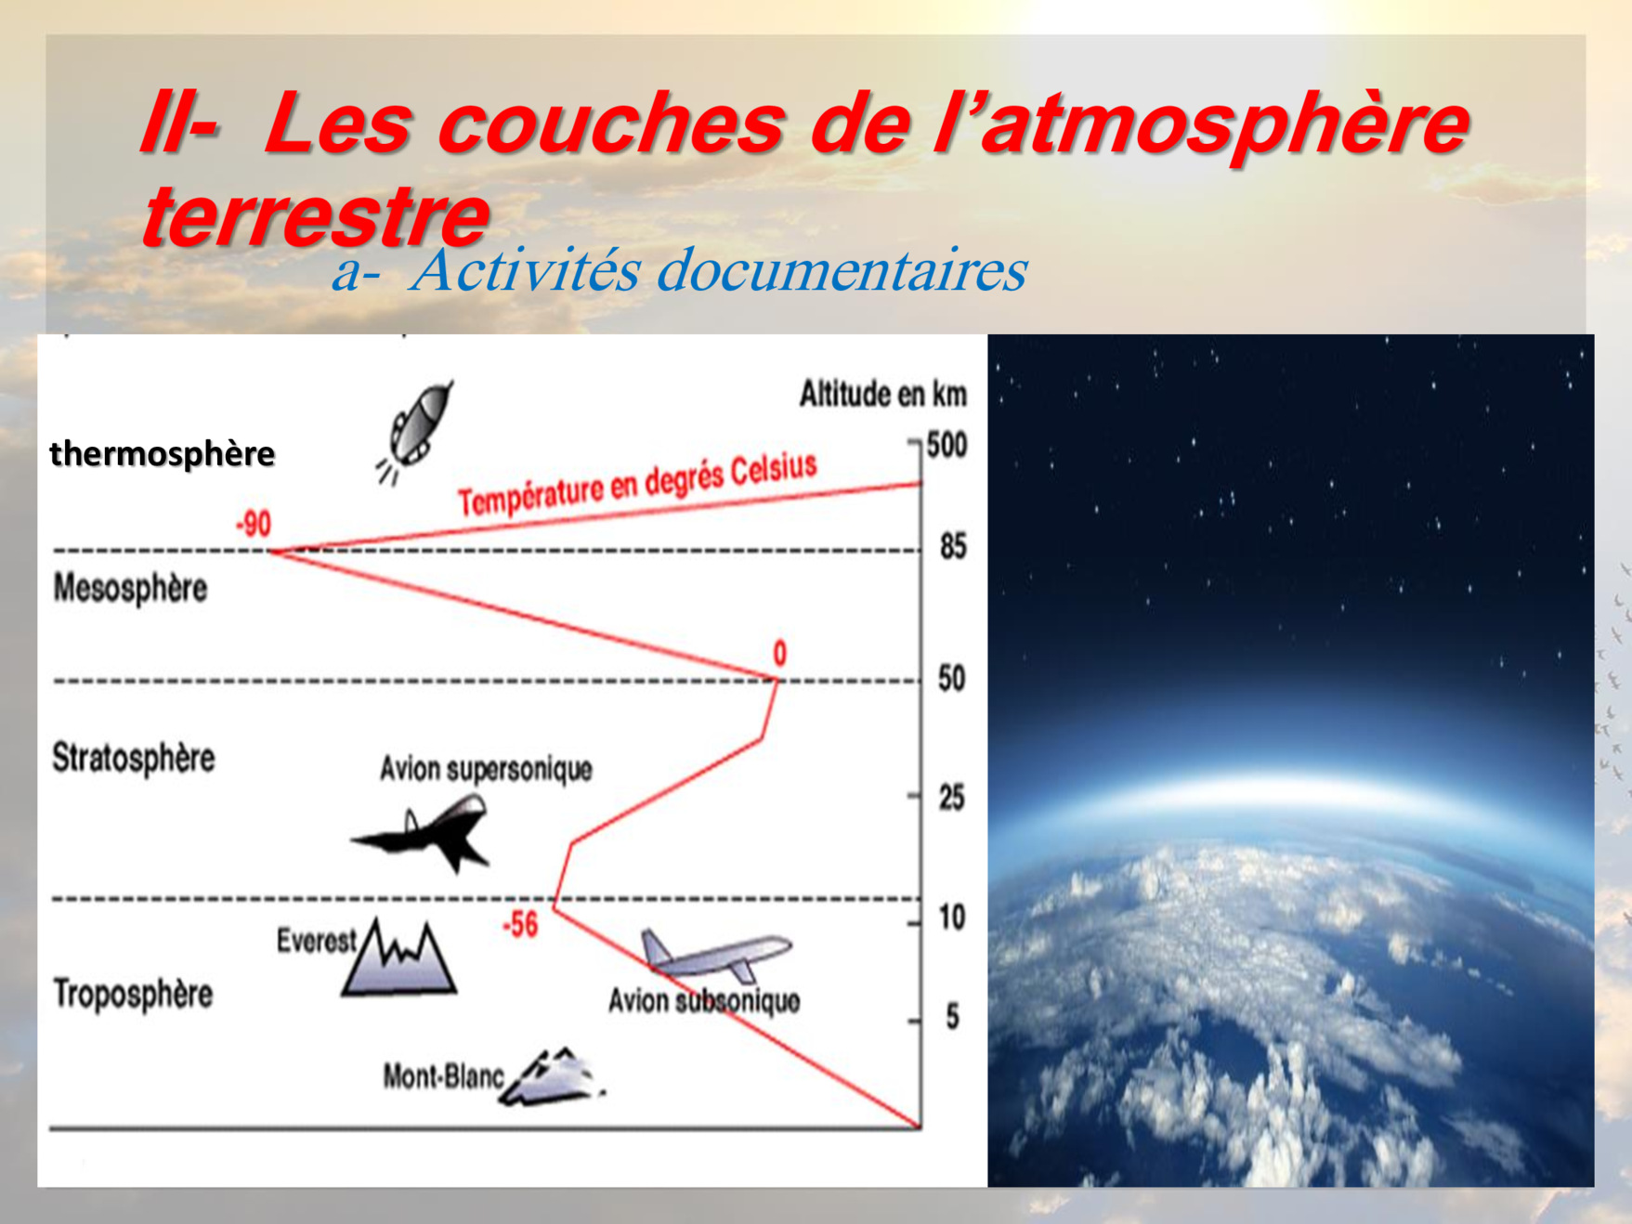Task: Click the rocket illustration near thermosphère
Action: point(415,432)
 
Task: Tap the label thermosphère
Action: point(163,455)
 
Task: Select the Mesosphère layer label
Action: point(130,589)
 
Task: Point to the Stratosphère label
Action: point(134,758)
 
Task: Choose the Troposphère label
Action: point(133,993)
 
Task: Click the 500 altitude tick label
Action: point(947,445)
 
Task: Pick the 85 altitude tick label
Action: point(953,546)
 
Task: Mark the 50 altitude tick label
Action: point(952,679)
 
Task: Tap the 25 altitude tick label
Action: point(952,798)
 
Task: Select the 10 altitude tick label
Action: point(952,918)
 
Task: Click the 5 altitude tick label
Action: point(953,1017)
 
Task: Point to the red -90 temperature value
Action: point(254,525)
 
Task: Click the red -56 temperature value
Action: point(520,924)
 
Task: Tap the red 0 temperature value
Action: point(780,654)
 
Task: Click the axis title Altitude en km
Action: point(883,395)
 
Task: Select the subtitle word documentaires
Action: point(842,271)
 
